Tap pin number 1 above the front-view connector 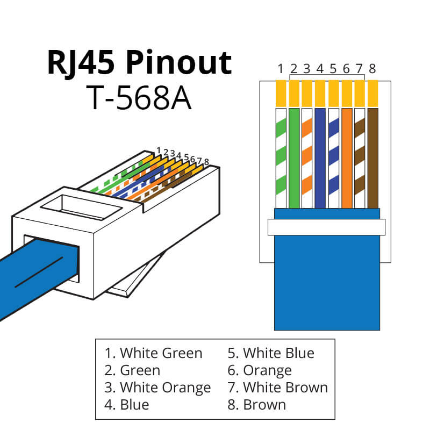[281, 69]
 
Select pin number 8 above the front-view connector [372, 69]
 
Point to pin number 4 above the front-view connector [320, 69]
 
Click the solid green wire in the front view [293, 159]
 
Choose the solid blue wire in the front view [320, 159]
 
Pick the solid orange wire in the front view [346, 159]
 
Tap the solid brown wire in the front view [372, 159]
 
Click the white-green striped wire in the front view [281, 159]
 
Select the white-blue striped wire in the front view [333, 159]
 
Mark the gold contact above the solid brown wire [372, 93]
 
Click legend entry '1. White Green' [154, 353]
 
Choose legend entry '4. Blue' [127, 404]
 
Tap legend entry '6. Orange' [260, 370]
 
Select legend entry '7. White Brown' [277, 387]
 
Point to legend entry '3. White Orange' [157, 387]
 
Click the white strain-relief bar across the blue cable [327, 227]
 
